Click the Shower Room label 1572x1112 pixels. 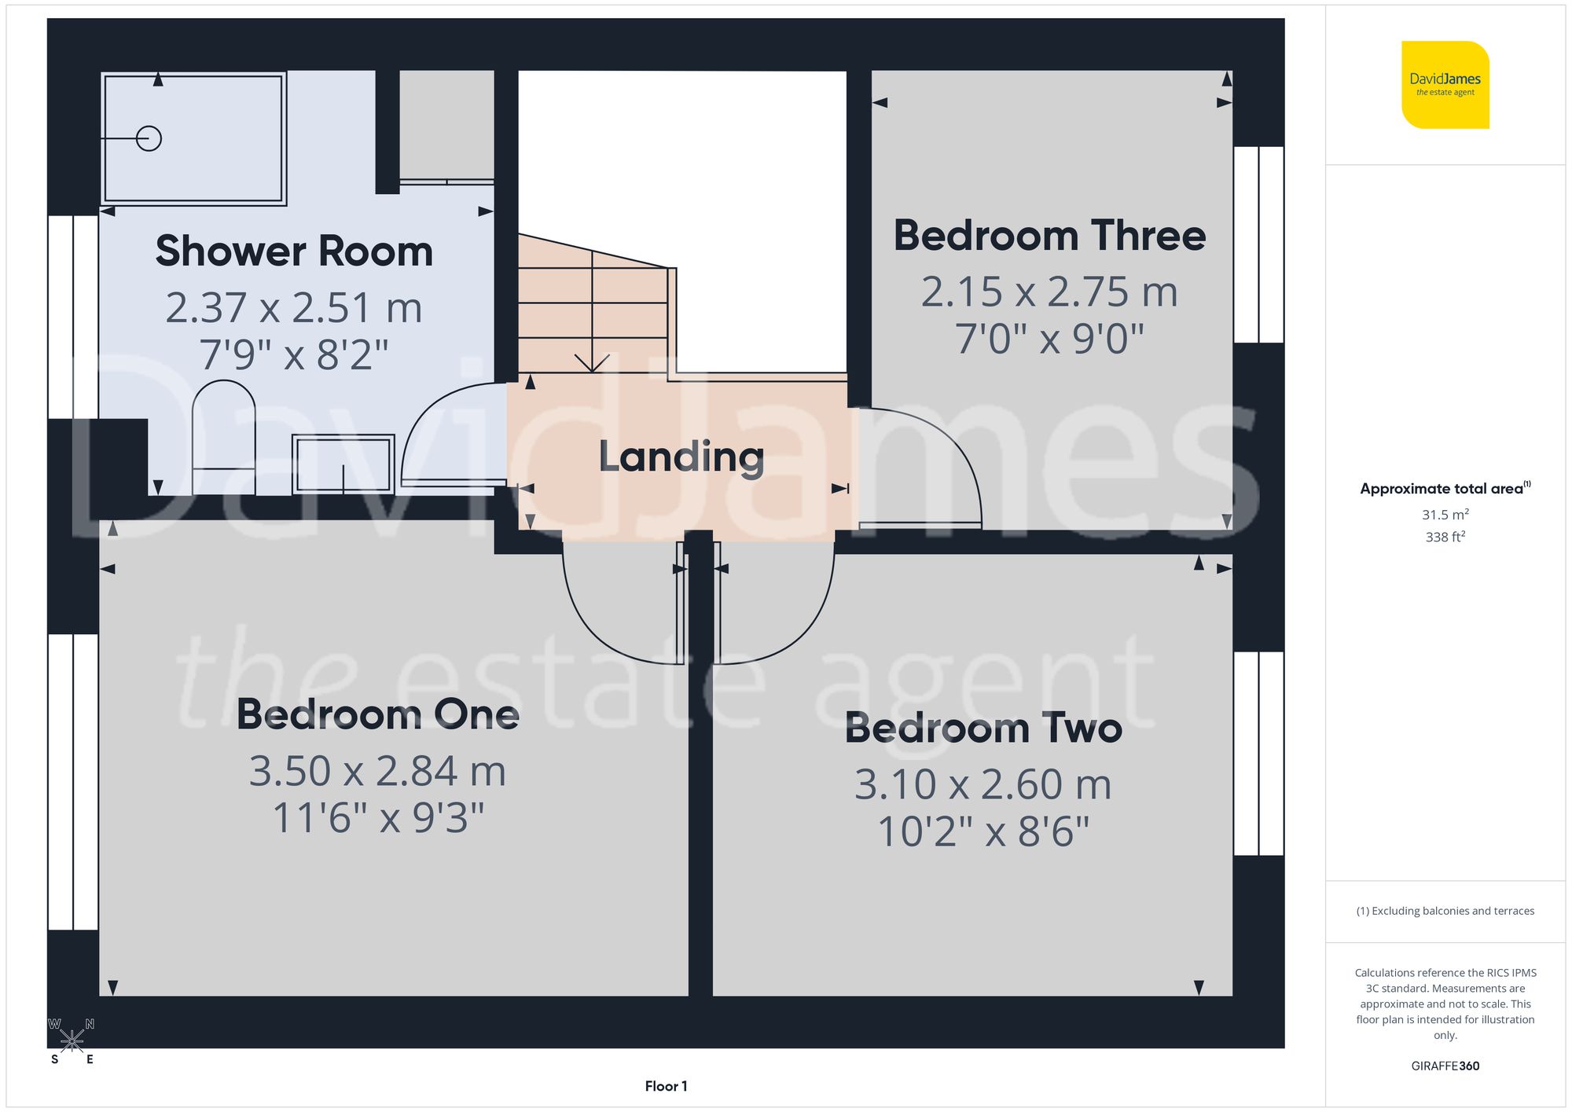tap(294, 251)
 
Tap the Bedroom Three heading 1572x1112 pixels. tap(1049, 236)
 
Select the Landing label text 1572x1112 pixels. tap(681, 457)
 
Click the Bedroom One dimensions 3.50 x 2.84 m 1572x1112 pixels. tap(377, 771)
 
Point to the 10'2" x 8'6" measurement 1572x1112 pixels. tap(983, 831)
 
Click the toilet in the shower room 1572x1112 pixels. tap(224, 436)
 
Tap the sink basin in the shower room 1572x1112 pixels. tap(343, 464)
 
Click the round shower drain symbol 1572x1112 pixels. tap(149, 138)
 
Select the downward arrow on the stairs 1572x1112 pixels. tap(592, 361)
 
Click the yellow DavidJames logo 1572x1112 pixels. tap(1445, 85)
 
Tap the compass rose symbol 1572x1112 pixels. tap(72, 1041)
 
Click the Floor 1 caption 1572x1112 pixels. tap(666, 1086)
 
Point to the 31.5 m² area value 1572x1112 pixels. tap(1445, 515)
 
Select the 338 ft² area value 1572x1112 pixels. tap(1445, 537)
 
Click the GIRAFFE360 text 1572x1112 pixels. tap(1445, 1066)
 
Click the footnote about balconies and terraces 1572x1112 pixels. tap(1445, 911)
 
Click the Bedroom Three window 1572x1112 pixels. tap(1258, 244)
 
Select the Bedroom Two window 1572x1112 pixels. tap(1258, 753)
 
